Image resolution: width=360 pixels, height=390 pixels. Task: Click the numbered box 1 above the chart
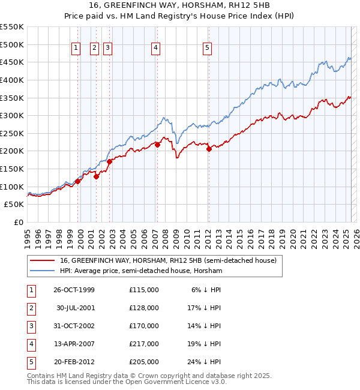coord(77,49)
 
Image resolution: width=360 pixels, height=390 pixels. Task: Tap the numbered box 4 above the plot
coord(155,49)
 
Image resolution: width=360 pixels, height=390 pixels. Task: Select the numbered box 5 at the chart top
coord(207,49)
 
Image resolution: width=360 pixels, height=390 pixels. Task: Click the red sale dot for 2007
coord(157,145)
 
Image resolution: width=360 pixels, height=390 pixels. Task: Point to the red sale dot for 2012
coord(209,149)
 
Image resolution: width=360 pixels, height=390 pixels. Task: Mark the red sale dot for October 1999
coord(78,181)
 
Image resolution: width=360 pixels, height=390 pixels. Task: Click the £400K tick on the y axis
coord(12,80)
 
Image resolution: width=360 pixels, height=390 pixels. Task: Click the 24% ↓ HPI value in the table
coord(206,362)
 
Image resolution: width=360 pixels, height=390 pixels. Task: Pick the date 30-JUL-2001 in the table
coord(76,308)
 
